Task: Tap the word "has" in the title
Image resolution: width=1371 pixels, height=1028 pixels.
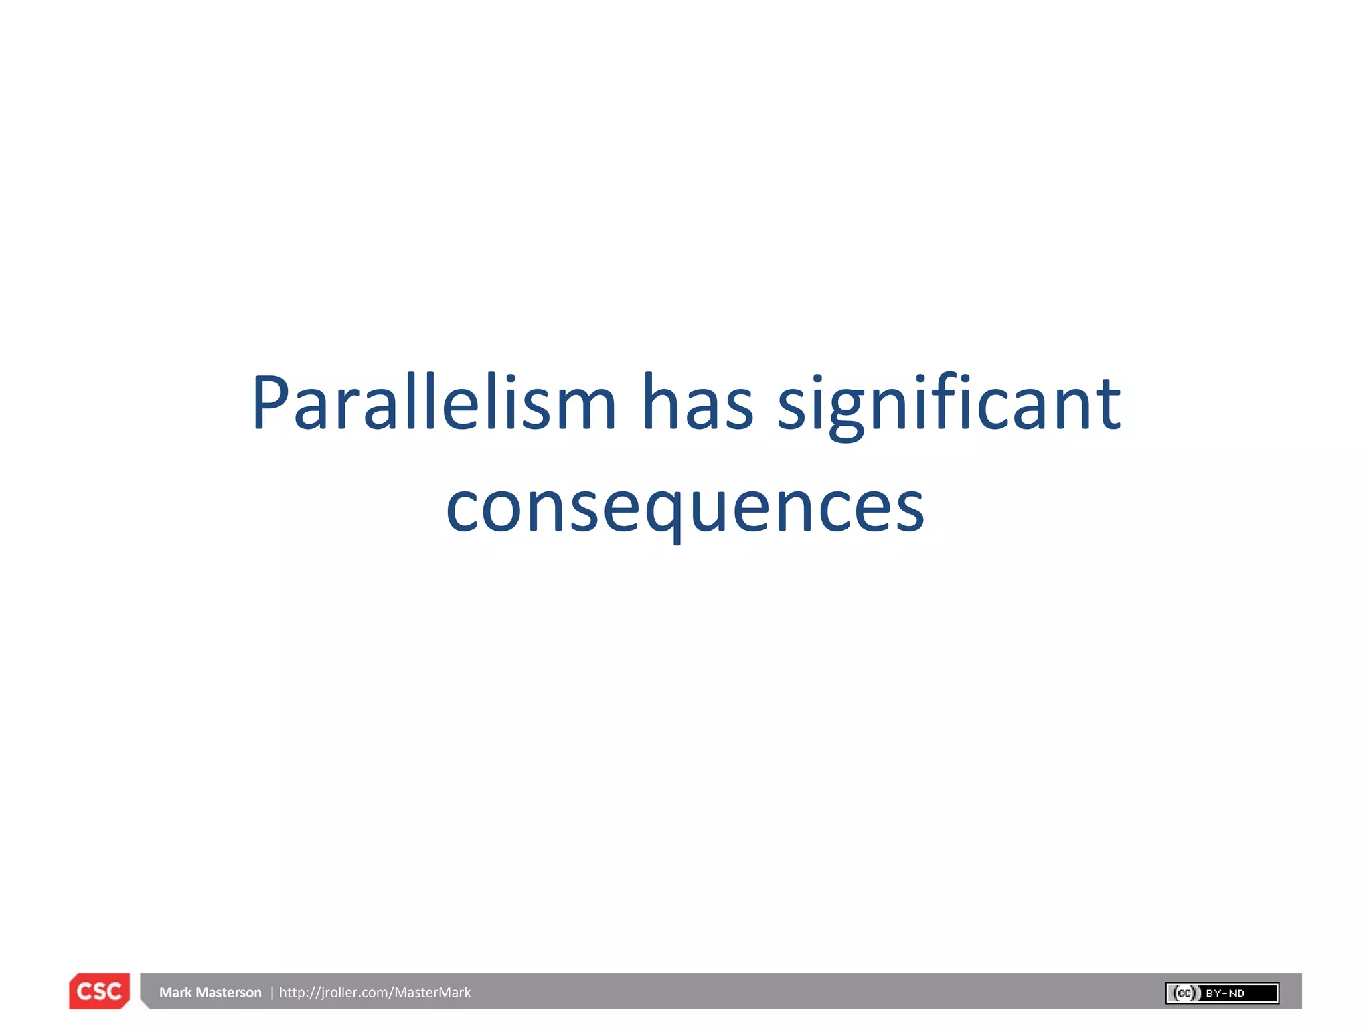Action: [698, 404]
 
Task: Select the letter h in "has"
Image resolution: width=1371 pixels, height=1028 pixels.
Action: [657, 402]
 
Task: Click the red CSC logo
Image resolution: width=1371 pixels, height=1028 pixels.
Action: [99, 991]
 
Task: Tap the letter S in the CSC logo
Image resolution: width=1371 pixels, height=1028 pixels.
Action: [99, 991]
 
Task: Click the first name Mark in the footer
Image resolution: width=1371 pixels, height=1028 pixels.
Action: [175, 993]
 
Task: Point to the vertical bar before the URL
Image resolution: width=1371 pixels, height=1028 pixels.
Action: [272, 993]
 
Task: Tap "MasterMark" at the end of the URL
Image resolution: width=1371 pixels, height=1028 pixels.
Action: [432, 993]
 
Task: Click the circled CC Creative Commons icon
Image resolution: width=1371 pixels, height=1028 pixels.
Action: [1184, 993]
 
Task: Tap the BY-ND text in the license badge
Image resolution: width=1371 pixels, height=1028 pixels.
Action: [1225, 993]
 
